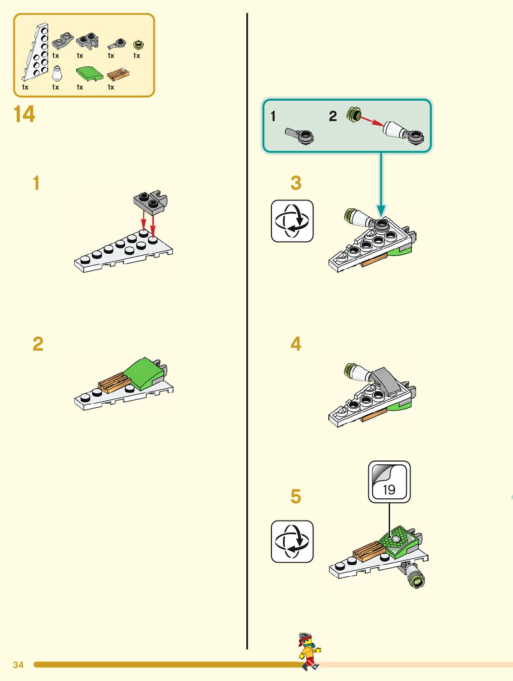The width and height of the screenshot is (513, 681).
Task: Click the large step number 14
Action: point(24,114)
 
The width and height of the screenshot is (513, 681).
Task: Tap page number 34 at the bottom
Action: point(18,665)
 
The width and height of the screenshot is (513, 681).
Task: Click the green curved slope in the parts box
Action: point(89,73)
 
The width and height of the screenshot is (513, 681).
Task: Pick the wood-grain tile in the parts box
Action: point(118,74)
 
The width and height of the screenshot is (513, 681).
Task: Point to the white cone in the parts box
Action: point(57,73)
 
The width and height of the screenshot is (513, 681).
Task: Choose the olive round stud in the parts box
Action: point(138,45)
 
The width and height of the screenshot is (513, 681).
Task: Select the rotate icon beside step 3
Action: point(292,221)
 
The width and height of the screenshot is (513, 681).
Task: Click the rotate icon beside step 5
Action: point(292,541)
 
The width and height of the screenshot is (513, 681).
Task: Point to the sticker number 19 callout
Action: point(389,482)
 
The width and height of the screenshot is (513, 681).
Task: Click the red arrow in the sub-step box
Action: point(372,121)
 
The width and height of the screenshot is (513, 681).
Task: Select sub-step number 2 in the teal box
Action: point(333,116)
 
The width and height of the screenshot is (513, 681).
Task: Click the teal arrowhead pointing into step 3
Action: point(381,211)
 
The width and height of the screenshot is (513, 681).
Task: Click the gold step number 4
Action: point(296,344)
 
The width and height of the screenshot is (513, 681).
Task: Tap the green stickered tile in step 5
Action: point(397,540)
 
